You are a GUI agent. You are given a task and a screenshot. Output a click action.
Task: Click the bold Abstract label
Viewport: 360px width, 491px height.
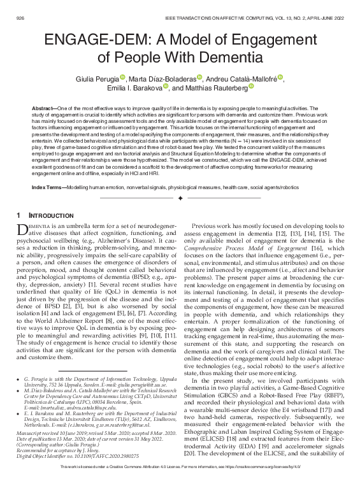pos(43,109)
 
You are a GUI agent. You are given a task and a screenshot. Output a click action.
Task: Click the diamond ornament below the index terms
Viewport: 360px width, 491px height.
pos(180,181)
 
